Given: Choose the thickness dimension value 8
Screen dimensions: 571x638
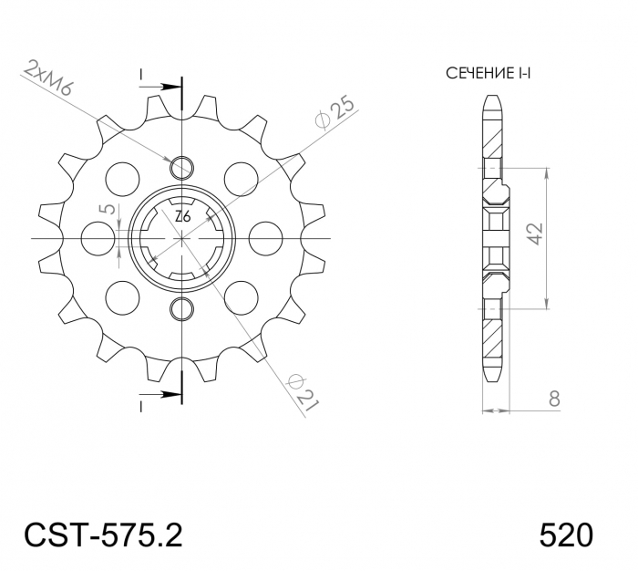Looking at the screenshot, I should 553,399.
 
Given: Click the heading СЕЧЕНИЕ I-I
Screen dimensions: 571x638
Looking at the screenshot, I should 488,73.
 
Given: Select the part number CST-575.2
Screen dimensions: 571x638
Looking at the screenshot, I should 101,534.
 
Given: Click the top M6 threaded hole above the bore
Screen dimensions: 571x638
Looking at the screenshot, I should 182,167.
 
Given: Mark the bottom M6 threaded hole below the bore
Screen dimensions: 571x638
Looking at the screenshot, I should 182,306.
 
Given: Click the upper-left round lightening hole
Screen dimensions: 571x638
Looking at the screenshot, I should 120,173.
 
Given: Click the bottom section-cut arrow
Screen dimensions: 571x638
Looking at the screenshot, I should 170,395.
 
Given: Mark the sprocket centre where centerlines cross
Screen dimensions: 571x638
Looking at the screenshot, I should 182,237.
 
